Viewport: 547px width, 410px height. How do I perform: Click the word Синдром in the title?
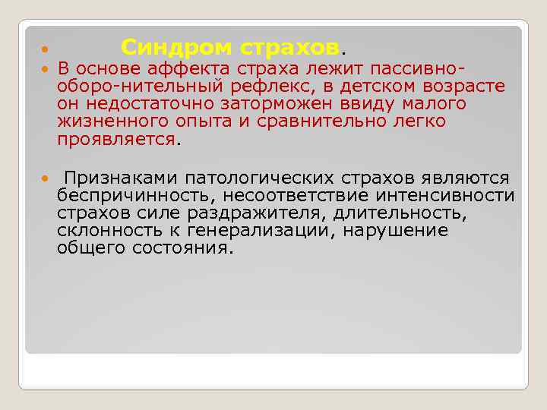pyautogui.click(x=176, y=48)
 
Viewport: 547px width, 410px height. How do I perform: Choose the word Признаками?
pyautogui.click(x=118, y=178)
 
